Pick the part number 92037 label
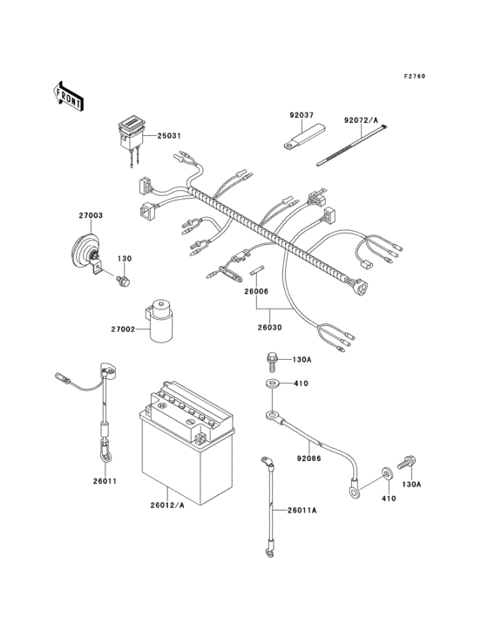301,113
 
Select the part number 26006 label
256,293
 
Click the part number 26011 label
105,480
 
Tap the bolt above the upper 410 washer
272,359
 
